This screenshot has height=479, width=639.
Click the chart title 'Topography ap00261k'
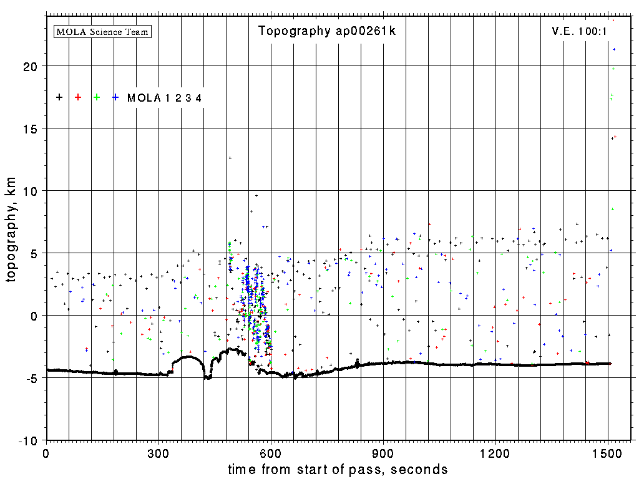[x=326, y=31]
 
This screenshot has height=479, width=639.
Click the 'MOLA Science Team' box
[x=103, y=31]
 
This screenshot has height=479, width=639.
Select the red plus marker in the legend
[x=78, y=97]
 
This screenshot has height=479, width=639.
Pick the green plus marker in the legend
[x=97, y=97]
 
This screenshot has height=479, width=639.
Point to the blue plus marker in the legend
[x=115, y=97]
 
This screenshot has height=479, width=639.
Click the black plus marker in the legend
[x=59, y=97]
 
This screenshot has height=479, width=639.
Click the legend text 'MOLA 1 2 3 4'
[x=164, y=98]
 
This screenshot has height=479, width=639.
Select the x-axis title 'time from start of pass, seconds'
[x=338, y=469]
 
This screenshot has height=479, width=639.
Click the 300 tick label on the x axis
[x=159, y=452]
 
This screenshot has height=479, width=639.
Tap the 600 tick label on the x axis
[x=271, y=452]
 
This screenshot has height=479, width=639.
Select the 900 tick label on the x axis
[x=383, y=452]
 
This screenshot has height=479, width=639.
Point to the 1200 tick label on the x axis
[x=495, y=452]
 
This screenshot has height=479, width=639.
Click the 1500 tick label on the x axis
[x=608, y=452]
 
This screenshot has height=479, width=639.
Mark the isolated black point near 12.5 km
[x=230, y=158]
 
